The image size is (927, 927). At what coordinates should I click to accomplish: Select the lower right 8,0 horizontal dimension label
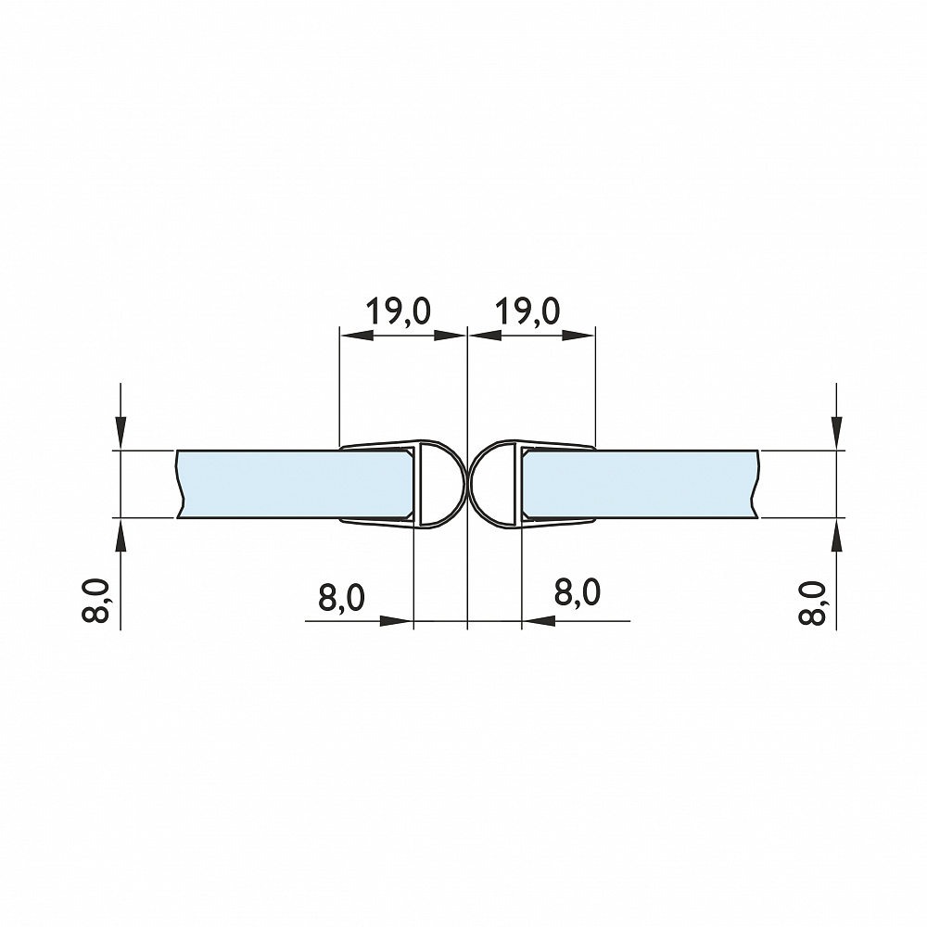point(578,592)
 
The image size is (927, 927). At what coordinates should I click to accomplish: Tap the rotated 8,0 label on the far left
point(95,601)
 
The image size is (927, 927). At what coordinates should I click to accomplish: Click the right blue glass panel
point(641,484)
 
